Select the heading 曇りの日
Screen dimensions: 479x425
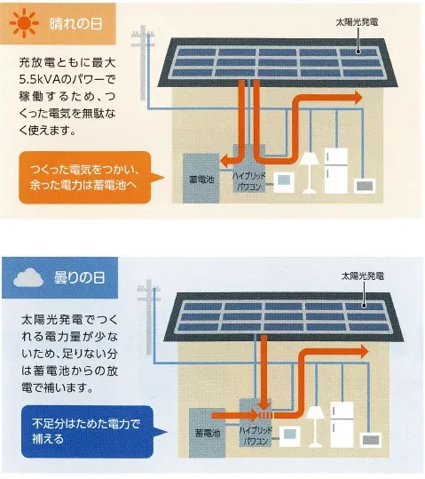(77, 278)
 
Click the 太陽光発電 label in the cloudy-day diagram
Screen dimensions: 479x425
(364, 277)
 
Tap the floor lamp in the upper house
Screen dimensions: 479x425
(310, 169)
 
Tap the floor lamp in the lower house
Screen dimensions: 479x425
(315, 425)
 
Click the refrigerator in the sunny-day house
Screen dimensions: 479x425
(336, 169)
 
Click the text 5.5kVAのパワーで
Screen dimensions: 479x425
(67, 79)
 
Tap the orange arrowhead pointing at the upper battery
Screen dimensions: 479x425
(227, 162)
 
